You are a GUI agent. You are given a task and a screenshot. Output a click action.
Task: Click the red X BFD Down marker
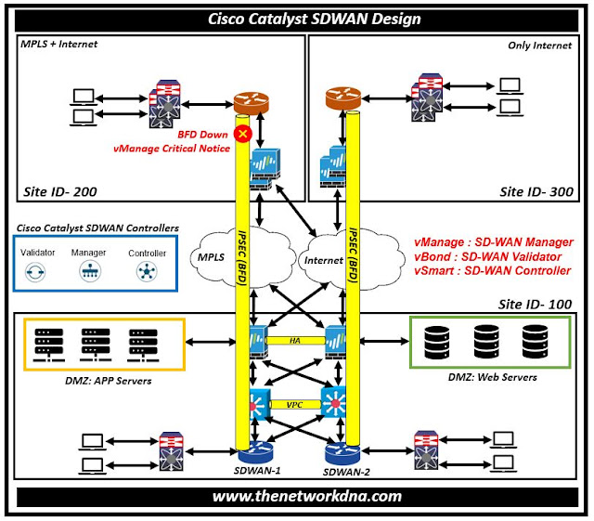point(244,135)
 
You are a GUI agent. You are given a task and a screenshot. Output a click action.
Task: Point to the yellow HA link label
point(294,342)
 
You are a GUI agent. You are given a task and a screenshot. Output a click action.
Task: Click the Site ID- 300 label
point(536,192)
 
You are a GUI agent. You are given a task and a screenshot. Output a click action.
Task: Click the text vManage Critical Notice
point(171,148)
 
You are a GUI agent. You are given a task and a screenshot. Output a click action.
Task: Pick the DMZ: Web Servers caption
point(491,376)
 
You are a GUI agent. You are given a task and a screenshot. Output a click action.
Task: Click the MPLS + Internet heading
point(58,44)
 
